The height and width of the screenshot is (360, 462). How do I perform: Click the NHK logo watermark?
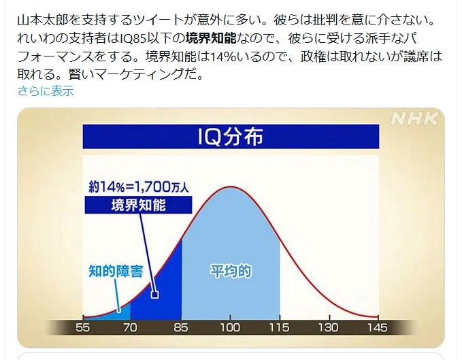(414, 118)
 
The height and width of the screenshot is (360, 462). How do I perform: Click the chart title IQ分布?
(231, 136)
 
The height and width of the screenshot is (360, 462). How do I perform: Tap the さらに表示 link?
(46, 91)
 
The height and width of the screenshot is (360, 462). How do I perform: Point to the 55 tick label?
(82, 327)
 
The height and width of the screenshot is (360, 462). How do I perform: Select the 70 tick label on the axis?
(130, 327)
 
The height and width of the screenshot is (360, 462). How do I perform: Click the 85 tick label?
(181, 327)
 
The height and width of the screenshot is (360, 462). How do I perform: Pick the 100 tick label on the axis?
(231, 327)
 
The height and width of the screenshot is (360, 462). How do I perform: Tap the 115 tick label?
(280, 327)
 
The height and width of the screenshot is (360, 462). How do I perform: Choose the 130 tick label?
(329, 327)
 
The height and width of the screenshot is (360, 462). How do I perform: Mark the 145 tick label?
(378, 327)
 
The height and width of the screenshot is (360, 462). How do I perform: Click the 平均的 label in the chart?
(231, 271)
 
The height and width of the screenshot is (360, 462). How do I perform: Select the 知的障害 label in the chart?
(116, 271)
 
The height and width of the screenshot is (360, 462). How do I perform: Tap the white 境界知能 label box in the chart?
(139, 205)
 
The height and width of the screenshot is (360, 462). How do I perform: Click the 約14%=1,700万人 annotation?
(139, 186)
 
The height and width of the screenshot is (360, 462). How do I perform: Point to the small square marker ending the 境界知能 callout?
(154, 294)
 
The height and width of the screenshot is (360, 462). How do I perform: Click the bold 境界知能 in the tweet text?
(211, 38)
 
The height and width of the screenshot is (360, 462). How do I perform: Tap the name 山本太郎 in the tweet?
(43, 20)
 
